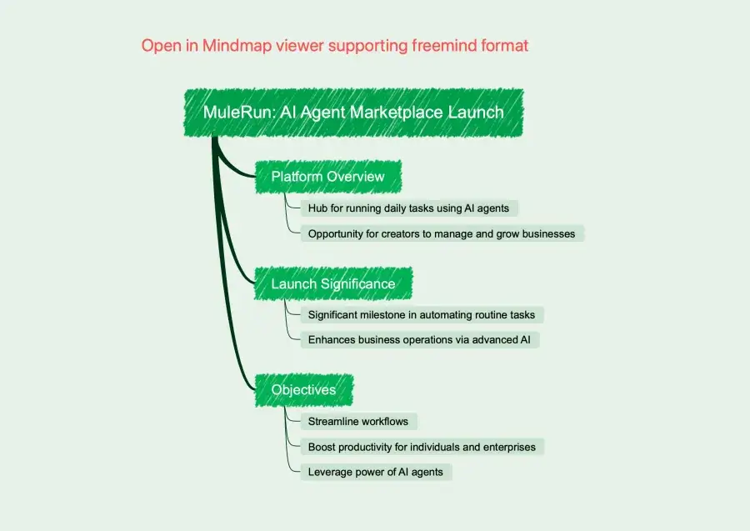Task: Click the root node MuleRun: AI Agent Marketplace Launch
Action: [353, 112]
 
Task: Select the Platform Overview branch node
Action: [327, 177]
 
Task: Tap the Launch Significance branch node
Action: [332, 284]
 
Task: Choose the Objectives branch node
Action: [303, 390]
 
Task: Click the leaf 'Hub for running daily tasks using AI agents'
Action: [413, 208]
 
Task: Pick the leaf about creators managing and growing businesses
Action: [441, 233]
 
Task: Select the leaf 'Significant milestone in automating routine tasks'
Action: [422, 314]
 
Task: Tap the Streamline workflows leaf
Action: [357, 422]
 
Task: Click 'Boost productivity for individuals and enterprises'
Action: [422, 447]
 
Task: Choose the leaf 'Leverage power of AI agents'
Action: [375, 472]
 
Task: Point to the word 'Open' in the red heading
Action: [160, 46]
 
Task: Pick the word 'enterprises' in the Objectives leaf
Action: [507, 447]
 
